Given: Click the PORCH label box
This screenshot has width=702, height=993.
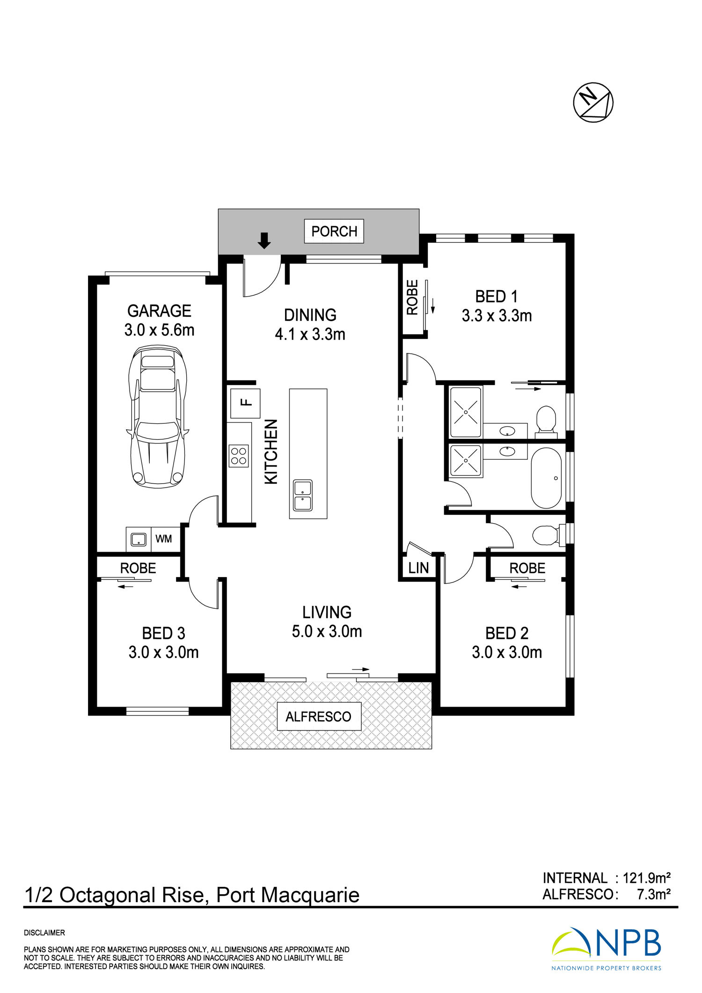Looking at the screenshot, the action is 334,231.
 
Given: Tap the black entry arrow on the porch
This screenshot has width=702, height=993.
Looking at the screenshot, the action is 264,241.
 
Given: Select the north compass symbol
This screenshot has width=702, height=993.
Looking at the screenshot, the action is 593,102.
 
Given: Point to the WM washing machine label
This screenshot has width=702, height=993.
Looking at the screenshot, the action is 163,539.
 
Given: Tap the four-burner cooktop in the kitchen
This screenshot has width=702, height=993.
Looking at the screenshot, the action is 239,456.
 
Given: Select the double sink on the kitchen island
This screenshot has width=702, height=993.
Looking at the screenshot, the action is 303,496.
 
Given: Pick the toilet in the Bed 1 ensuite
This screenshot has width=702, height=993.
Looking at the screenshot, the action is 545,420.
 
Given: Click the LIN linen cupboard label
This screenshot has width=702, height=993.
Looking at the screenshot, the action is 418,568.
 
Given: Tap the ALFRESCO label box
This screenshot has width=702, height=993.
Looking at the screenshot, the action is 319,716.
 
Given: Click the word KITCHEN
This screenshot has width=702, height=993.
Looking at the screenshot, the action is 271,452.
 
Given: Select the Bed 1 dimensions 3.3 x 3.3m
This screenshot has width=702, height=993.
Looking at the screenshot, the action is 497,316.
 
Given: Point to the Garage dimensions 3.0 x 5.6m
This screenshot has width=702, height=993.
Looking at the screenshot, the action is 159,330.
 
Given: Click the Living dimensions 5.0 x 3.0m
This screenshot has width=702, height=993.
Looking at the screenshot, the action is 327,631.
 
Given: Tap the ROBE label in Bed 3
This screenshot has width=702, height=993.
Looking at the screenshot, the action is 138,568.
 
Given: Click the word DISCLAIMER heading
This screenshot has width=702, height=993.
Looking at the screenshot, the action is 44,933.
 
